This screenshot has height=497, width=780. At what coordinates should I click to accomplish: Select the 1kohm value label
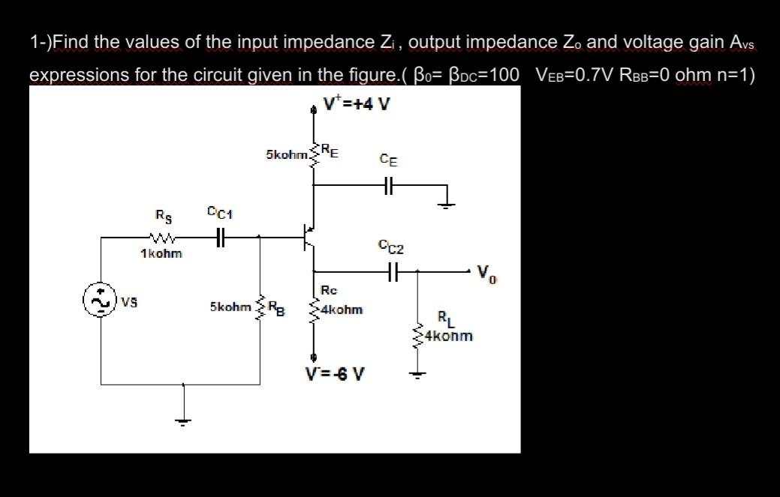point(161,254)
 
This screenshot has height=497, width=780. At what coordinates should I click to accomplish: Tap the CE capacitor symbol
point(387,187)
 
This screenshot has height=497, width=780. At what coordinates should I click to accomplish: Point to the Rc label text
point(329,290)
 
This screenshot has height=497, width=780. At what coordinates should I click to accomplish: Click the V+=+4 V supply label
point(357,104)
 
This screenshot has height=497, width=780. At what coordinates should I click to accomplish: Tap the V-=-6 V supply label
point(335,373)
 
